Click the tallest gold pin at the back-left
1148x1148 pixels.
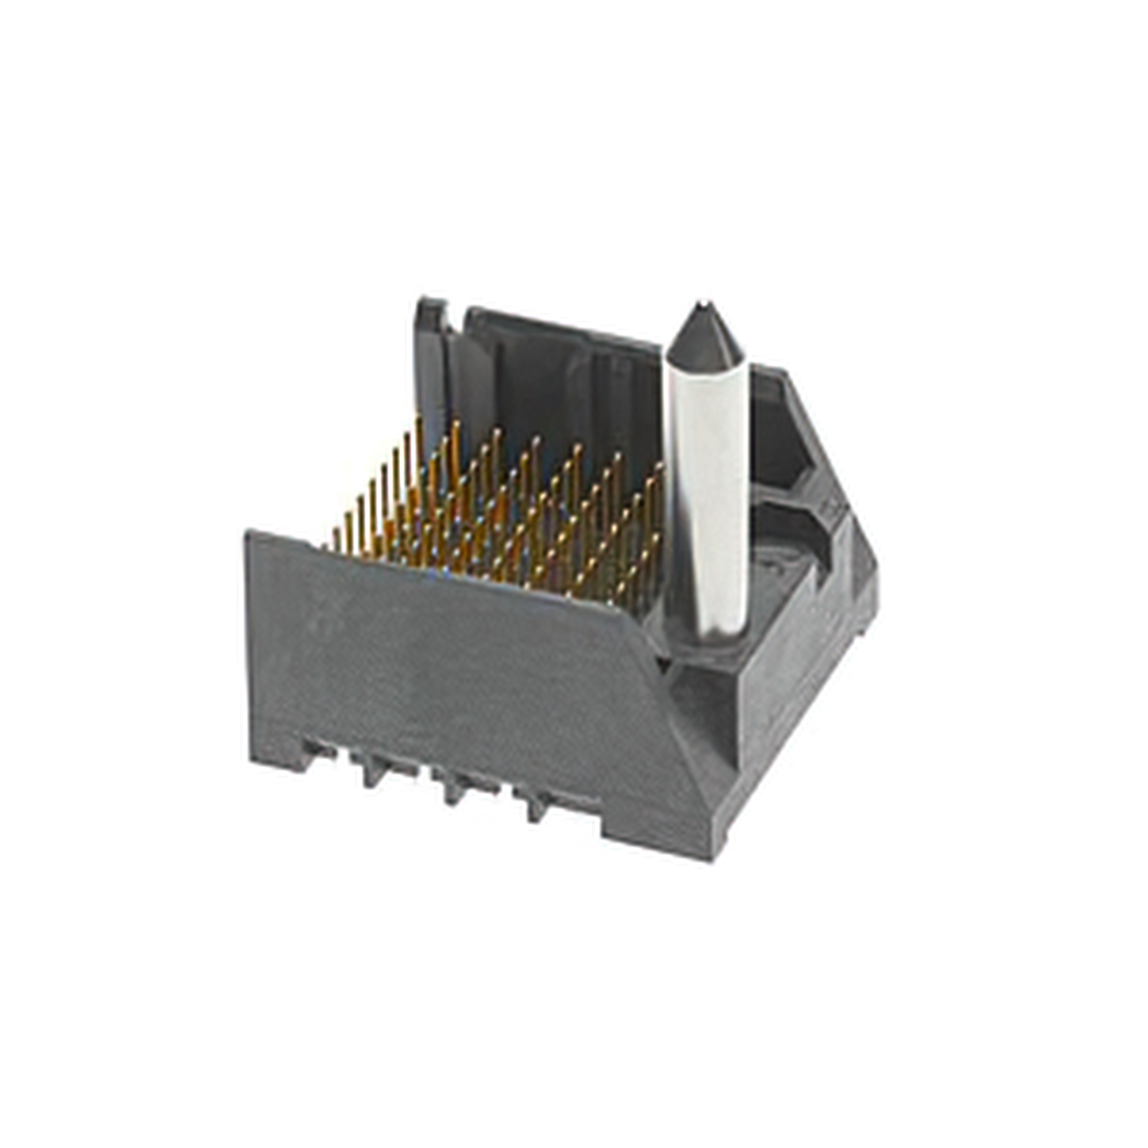point(419,452)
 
